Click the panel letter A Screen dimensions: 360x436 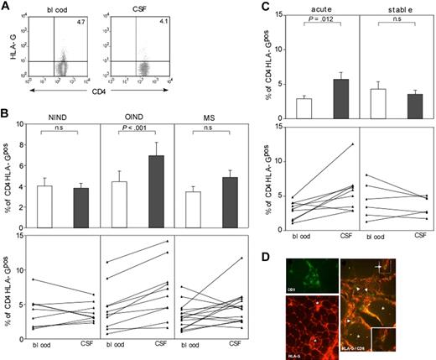click(x=7, y=8)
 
